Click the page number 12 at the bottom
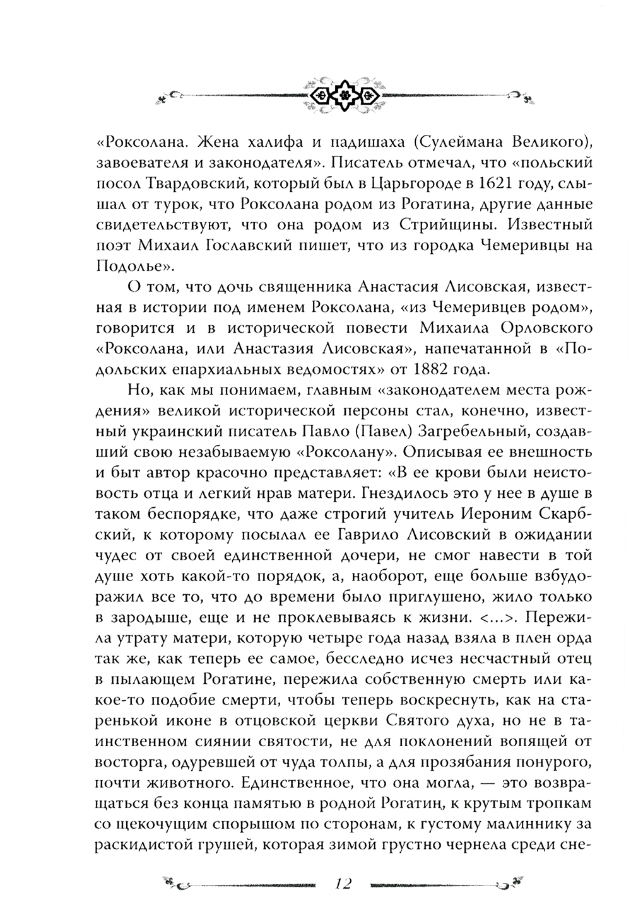click(344, 883)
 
